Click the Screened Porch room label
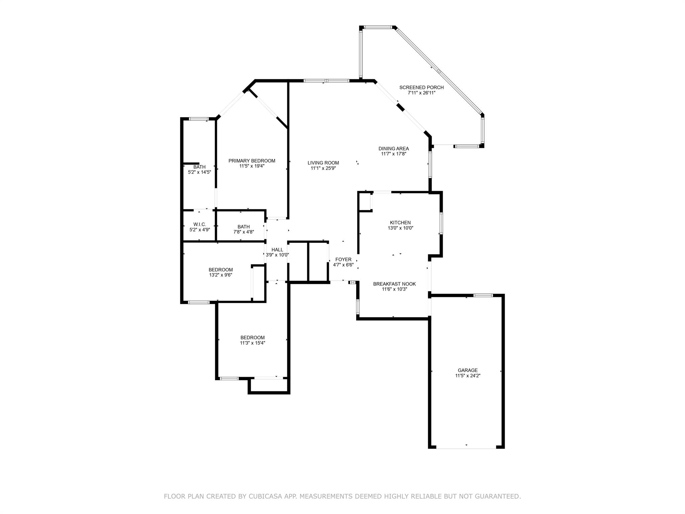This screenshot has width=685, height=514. (x=421, y=87)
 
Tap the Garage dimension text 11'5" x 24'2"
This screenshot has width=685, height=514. (x=468, y=375)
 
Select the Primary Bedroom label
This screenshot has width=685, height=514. (x=252, y=161)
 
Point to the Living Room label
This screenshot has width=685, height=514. (x=323, y=163)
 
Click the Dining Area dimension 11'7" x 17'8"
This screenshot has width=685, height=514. (x=394, y=154)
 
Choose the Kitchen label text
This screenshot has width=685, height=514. (x=400, y=223)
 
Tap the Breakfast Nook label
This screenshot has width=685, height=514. (x=394, y=284)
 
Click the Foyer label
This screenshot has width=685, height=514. (x=344, y=259)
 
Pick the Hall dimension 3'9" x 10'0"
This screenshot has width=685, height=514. (x=277, y=255)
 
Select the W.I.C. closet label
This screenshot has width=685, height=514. (x=199, y=224)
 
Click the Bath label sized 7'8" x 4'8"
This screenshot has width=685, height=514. (x=243, y=227)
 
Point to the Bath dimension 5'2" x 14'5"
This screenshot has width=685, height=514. (x=199, y=172)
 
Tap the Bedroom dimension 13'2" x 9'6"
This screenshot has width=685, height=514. (x=221, y=275)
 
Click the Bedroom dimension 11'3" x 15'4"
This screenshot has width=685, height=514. (x=253, y=343)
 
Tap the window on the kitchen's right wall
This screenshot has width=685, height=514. (x=441, y=223)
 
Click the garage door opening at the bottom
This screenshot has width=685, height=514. (x=466, y=447)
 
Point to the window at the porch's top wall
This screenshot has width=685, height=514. (x=378, y=27)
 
